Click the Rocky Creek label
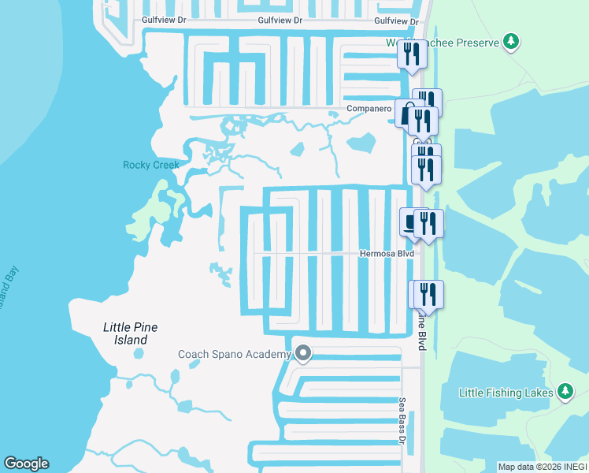pyautogui.click(x=151, y=165)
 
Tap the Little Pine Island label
pyautogui.click(x=126, y=333)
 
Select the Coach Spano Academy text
pyautogui.click(x=235, y=355)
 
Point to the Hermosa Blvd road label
pyautogui.click(x=387, y=254)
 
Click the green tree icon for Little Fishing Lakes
pyautogui.click(x=565, y=391)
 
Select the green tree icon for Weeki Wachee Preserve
pyautogui.click(x=511, y=41)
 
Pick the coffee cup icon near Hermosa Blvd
pyautogui.click(x=410, y=222)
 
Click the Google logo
pyautogui.click(x=26, y=464)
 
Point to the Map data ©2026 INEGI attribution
pyautogui.click(x=543, y=467)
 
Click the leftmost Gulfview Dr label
pyautogui.click(x=163, y=21)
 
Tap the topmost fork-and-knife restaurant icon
pyautogui.click(x=412, y=54)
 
